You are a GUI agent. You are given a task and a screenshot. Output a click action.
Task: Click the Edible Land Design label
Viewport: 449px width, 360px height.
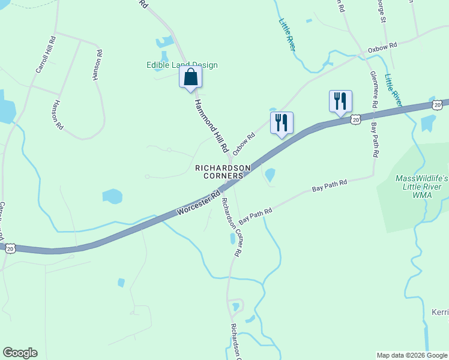click(x=182, y=65)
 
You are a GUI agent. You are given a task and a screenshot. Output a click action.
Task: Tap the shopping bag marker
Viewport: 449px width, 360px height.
click(x=190, y=78)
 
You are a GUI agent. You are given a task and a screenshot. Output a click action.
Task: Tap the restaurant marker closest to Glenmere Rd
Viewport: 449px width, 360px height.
click(x=340, y=101)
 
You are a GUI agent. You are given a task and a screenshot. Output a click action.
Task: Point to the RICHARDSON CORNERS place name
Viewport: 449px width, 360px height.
click(x=223, y=172)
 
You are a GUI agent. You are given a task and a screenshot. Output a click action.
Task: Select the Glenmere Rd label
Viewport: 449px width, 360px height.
click(x=374, y=90)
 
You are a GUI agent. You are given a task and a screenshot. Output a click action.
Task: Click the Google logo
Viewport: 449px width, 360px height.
click(x=20, y=353)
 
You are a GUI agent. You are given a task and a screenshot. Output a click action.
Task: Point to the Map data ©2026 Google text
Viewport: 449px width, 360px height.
click(x=412, y=355)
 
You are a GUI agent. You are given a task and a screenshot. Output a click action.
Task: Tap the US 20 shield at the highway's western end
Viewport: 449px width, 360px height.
click(x=10, y=247)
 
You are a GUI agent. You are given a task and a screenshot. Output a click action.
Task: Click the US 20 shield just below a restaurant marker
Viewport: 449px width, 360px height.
click(x=356, y=120)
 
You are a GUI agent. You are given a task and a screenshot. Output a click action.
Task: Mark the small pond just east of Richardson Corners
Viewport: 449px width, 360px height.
click(x=270, y=175)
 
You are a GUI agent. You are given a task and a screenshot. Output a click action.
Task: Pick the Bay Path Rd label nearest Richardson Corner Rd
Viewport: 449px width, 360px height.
click(x=256, y=215)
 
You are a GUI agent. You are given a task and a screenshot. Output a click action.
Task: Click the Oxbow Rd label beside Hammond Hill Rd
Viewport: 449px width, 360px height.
click(x=244, y=143)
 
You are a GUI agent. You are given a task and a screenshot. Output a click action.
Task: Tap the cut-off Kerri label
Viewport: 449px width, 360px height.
click(x=440, y=312)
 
